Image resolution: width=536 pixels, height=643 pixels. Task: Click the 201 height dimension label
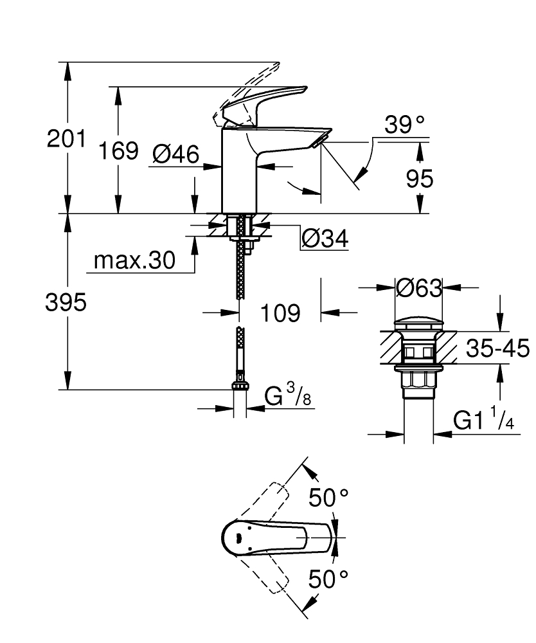click(66, 139)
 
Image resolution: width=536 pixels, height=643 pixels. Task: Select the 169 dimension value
click(118, 151)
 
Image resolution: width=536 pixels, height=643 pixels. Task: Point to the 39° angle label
click(405, 125)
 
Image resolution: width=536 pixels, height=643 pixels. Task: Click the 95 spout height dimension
click(420, 179)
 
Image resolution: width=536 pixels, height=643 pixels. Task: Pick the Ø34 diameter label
click(325, 239)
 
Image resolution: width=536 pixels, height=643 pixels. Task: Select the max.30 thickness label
click(134, 260)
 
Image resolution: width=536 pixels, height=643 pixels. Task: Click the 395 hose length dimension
click(66, 302)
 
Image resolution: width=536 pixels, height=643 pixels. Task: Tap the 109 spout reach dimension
click(281, 313)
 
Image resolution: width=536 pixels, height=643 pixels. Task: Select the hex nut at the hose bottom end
click(240, 386)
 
